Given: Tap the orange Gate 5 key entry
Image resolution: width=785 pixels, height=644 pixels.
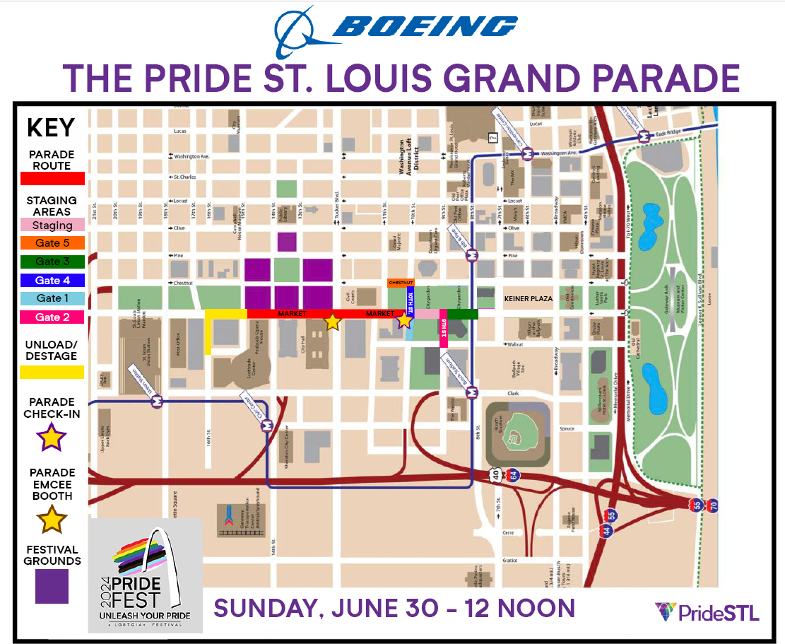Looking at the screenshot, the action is coord(52,243).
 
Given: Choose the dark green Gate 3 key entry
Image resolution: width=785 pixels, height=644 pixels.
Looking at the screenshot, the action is coord(52,262).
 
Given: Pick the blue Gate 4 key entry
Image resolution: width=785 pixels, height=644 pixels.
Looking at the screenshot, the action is coord(52,281).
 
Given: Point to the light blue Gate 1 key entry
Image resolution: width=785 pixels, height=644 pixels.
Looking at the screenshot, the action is coord(52,298).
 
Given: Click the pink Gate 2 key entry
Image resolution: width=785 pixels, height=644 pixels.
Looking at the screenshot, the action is coord(52,317).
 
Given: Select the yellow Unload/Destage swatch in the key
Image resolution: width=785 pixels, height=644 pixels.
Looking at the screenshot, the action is coord(52,372).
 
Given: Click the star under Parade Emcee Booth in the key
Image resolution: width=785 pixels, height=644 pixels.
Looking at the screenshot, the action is coord(52,521).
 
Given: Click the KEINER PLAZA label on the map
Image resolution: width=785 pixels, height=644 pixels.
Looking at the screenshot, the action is coord(528,299).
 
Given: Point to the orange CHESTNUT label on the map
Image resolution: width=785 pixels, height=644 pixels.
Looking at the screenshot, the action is coord(401,283).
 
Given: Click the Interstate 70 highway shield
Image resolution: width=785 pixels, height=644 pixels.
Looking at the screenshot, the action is coord(712,505).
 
